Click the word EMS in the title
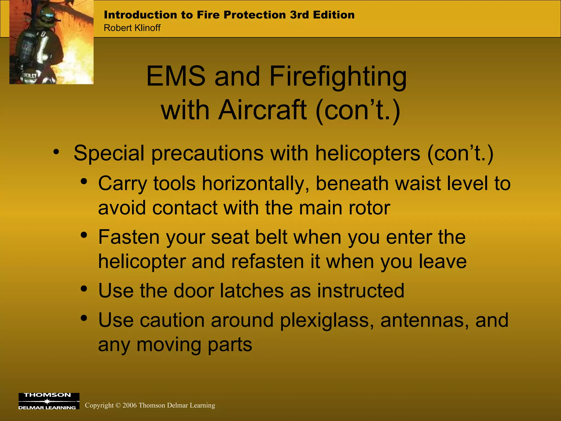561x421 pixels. [x=176, y=76]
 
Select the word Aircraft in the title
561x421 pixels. [x=262, y=110]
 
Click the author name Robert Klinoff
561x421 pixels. [x=132, y=28]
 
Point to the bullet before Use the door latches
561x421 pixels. [x=84, y=289]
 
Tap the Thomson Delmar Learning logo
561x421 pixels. [x=49, y=401]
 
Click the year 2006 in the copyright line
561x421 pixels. [x=130, y=405]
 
